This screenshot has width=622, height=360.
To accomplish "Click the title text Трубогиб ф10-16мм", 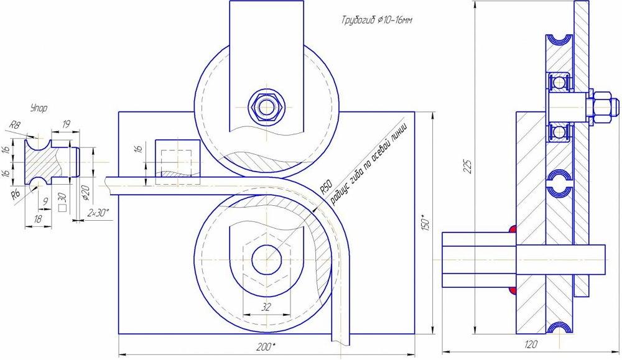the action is pos(376,21).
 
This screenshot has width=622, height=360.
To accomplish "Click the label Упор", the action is pos(39,108).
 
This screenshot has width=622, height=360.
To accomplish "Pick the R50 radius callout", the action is pos(325,187).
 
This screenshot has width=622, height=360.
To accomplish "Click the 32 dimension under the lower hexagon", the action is pos(266,307).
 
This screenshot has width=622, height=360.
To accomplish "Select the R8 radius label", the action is pos(15,126).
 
